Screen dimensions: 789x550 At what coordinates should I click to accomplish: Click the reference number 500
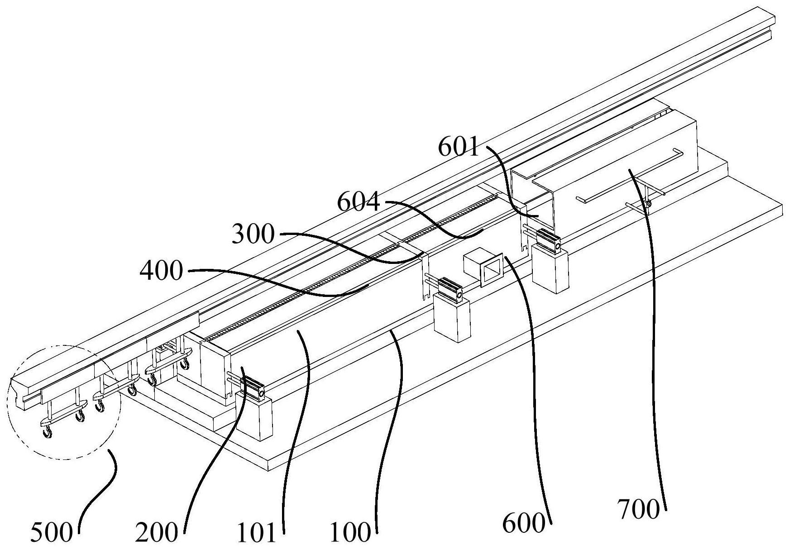[51, 533]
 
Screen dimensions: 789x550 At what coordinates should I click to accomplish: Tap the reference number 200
[156, 533]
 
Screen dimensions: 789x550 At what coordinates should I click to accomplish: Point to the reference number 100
[350, 533]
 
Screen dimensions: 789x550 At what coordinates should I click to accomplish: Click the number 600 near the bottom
[524, 524]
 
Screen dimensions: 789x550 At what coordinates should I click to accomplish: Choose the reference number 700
[639, 510]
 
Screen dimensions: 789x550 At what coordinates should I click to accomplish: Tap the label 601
[459, 148]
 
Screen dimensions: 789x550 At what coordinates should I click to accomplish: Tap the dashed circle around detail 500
[64, 402]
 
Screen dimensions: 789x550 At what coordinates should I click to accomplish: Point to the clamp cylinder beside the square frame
[449, 288]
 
